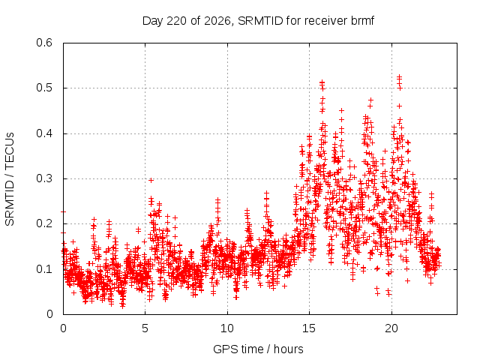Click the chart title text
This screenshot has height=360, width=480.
[x=258, y=21]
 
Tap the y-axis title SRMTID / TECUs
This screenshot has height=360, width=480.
[x=10, y=179]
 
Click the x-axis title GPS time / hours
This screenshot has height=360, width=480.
[x=258, y=349]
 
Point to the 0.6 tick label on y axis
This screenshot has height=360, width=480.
[x=44, y=43]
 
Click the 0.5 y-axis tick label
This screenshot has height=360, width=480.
[x=44, y=88]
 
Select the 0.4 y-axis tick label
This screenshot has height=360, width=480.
[x=44, y=133]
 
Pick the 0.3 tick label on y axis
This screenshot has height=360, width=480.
[x=44, y=178]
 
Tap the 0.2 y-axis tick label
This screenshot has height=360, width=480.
[x=44, y=223]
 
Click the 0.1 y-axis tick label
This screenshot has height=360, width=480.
[x=44, y=269]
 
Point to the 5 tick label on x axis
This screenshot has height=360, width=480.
[x=145, y=328]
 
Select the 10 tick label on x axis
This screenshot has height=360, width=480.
[x=227, y=328]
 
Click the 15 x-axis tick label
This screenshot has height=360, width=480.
[x=309, y=328]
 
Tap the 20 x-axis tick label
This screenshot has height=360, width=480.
[x=391, y=328]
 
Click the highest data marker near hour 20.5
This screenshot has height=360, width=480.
[x=399, y=76]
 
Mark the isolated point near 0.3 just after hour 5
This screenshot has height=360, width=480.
[x=151, y=180]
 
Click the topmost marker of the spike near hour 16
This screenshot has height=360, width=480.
[x=322, y=82]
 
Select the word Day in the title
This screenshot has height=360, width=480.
[x=153, y=21]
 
